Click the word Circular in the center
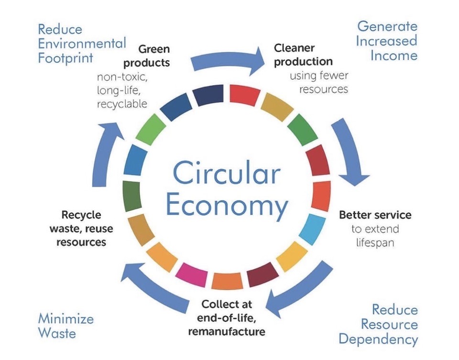(x=226, y=173)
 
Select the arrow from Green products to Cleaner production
(x=227, y=59)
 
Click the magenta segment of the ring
(x=191, y=275)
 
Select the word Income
(x=393, y=55)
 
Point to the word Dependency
(x=378, y=339)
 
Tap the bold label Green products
(x=154, y=56)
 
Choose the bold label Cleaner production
(x=303, y=55)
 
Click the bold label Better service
(x=375, y=215)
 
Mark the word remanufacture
(x=227, y=331)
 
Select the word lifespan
(x=375, y=242)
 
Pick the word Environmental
(x=82, y=44)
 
